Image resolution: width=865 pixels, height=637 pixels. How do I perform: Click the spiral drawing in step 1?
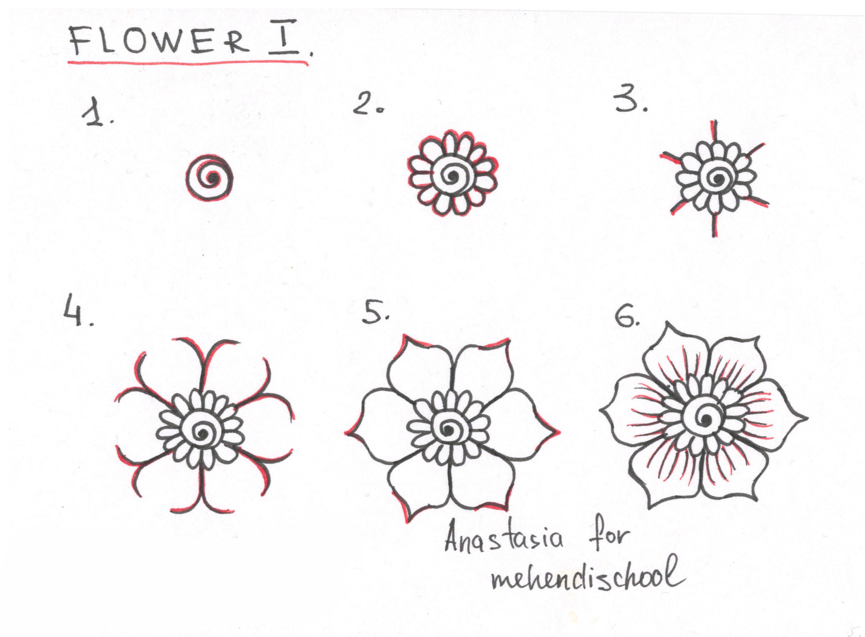pyautogui.click(x=209, y=178)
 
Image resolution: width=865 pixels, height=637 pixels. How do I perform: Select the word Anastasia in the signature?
pyautogui.click(x=504, y=540)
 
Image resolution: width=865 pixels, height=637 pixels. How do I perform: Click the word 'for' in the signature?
pyautogui.click(x=609, y=536)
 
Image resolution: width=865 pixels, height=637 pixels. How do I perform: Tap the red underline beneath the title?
pyautogui.click(x=188, y=62)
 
